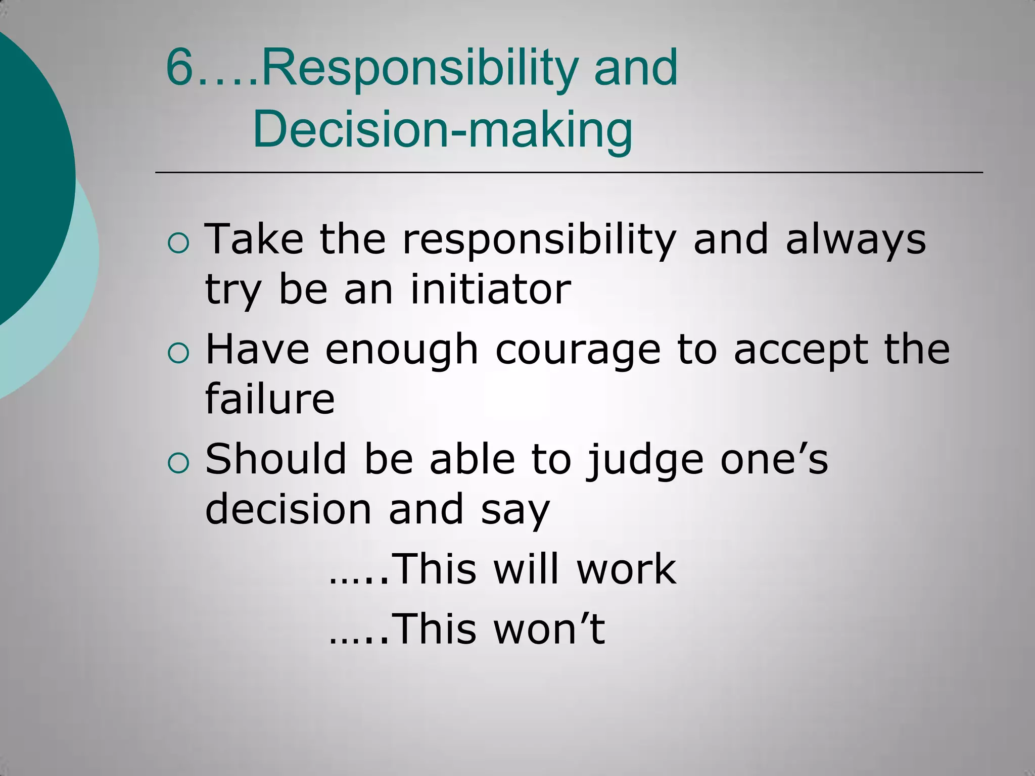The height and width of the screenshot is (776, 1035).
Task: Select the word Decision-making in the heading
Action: point(442,130)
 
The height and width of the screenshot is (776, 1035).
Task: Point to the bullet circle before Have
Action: point(178,354)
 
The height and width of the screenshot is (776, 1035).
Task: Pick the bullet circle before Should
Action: point(178,463)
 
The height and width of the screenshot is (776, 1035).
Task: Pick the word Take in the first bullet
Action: point(254,239)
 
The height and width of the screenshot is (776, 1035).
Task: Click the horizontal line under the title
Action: point(569,173)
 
